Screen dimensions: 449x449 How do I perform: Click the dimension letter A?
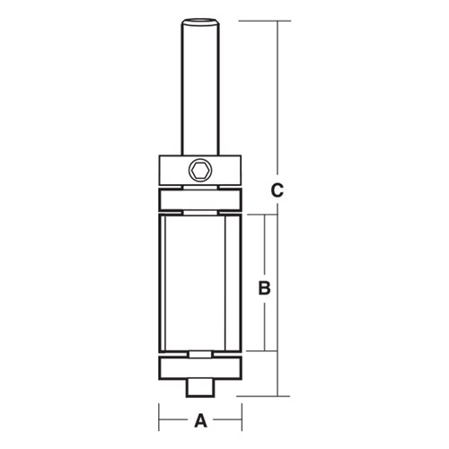point(201,419)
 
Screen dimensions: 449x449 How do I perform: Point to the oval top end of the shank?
point(200,21)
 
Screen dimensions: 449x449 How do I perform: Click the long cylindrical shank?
point(200,90)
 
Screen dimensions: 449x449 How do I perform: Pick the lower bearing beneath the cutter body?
point(200,368)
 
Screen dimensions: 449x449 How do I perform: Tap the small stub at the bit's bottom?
point(200,387)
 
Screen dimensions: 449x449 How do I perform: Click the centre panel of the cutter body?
point(200,283)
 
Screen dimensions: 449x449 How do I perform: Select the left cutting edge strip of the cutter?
point(162,283)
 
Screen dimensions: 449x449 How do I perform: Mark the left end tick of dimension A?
point(159,419)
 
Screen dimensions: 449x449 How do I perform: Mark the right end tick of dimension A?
point(242,419)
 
